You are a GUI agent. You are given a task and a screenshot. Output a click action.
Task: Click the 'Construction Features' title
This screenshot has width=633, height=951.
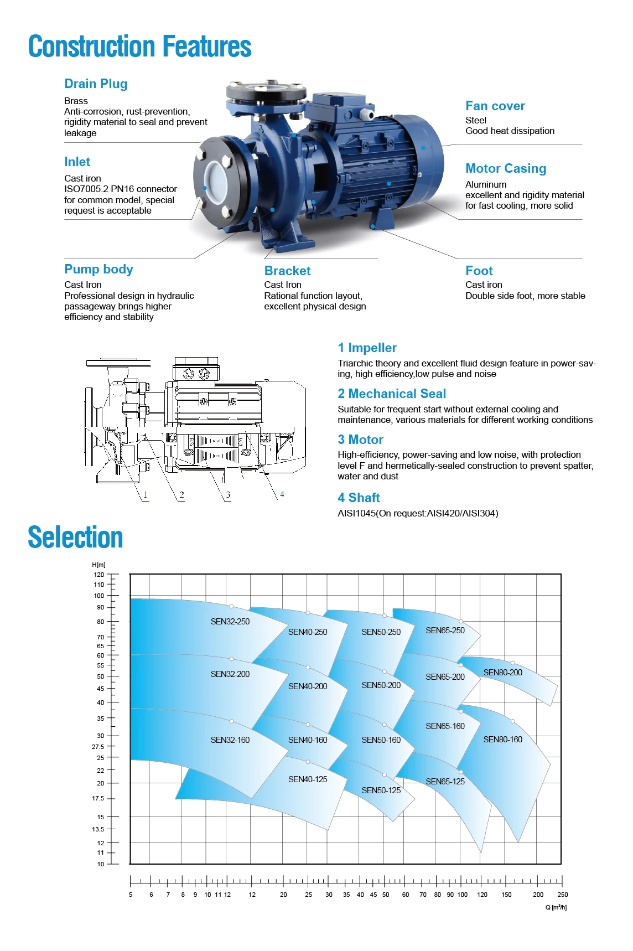[x=139, y=46]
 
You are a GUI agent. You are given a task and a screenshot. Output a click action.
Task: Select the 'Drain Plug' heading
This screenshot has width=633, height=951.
[x=96, y=84]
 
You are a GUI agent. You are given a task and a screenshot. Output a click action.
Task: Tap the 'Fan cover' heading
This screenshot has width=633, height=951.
[x=495, y=106]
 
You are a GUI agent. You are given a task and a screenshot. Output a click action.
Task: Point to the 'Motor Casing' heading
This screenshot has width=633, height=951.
[x=505, y=169]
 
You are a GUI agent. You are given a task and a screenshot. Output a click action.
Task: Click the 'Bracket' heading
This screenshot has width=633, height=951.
[x=287, y=271]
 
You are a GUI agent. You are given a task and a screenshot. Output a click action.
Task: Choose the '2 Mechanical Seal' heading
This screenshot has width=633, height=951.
[x=391, y=394]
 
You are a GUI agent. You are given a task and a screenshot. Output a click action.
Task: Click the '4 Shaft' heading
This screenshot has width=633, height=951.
[x=359, y=498]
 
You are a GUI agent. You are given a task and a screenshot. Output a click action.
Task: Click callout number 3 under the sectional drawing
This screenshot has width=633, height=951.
[x=228, y=495]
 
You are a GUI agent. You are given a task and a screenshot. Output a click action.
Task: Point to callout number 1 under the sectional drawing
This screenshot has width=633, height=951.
[x=146, y=495]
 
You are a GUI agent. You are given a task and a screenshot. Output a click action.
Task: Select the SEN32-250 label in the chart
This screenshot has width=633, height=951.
[x=230, y=622]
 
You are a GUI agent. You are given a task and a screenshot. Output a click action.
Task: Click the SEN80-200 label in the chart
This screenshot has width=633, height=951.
[x=502, y=673]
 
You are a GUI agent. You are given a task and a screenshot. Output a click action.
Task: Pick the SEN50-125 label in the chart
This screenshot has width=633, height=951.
[x=381, y=790]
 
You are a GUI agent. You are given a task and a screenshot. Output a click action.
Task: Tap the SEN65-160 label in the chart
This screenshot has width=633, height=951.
[x=445, y=726]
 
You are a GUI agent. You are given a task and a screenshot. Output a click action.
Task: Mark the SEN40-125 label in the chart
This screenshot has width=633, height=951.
[x=308, y=779]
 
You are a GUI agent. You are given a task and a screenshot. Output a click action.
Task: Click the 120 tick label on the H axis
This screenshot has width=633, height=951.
[x=99, y=575]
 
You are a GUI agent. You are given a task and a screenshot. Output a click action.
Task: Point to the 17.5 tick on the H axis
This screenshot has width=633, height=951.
[x=98, y=798]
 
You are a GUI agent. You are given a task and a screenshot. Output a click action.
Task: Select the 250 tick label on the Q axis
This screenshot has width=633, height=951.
[x=562, y=895]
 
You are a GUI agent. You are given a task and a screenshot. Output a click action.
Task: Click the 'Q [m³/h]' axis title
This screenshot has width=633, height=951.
[x=556, y=907]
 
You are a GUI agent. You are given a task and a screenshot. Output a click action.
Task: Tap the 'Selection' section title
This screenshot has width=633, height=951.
[x=75, y=537]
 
